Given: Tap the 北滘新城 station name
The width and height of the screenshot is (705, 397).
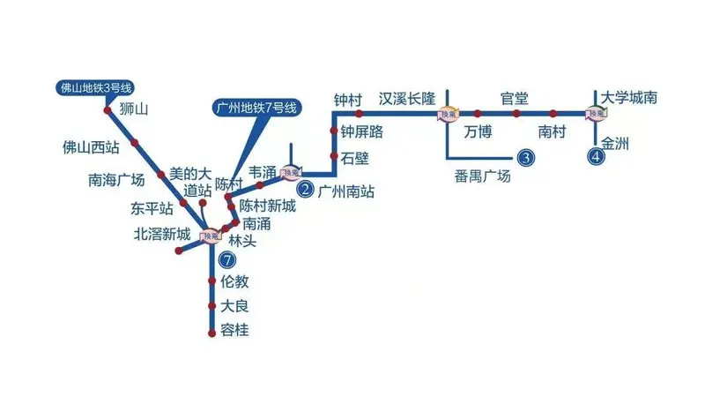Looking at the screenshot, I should [x=161, y=234].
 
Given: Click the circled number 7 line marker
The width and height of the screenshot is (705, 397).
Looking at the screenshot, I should [x=228, y=260].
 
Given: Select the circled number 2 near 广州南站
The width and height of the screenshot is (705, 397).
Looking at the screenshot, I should [x=306, y=188].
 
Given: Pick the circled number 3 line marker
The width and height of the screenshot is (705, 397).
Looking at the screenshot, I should [x=526, y=159].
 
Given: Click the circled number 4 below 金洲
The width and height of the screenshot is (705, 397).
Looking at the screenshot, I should [x=597, y=159].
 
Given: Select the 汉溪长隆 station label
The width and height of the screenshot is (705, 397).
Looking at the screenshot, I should [x=406, y=99].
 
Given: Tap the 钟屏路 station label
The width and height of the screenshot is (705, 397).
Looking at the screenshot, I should [x=362, y=133].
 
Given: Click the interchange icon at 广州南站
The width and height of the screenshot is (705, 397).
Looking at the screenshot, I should [x=291, y=172].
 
